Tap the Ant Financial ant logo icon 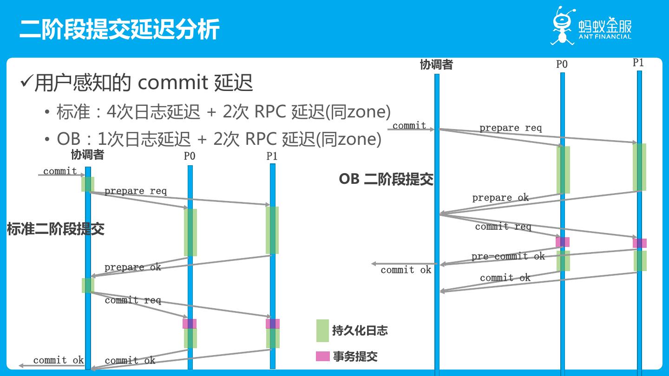pos(563,25)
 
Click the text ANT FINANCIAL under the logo pos(605,37)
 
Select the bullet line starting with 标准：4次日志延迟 pos(223,112)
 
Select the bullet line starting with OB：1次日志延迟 pos(219,139)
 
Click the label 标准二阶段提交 pos(56,229)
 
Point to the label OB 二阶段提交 pos(386,179)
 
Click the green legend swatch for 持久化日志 pos(322,331)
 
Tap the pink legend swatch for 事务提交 pos(322,357)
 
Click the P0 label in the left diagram pos(190,156)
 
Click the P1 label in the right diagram pos(638,63)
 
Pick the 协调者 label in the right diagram pos(436,65)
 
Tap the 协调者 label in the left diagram pos(87,155)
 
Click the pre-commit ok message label pos(508,256)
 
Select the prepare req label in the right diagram pos(511,128)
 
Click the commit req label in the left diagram pos(133,300)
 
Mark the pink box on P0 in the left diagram pos(190,324)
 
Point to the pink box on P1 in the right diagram pos(640,243)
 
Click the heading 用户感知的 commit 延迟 pos(144,83)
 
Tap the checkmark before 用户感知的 pos(26,83)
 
